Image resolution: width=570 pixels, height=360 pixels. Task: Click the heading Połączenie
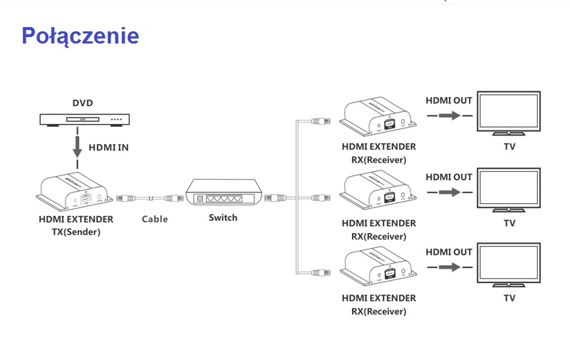coord(80,36)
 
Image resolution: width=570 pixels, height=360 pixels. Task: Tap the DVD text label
coord(83,103)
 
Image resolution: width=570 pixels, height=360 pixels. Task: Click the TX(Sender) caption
coord(76,232)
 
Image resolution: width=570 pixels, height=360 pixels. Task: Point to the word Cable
coord(155,219)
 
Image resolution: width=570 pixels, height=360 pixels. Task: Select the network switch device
coord(224,193)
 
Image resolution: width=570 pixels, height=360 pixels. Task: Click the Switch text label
coord(223,217)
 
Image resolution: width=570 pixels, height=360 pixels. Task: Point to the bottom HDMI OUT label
coord(449,252)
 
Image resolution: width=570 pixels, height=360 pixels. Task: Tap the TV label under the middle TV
coord(509,223)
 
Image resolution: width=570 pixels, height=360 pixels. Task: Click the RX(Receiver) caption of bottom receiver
coord(378,312)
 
